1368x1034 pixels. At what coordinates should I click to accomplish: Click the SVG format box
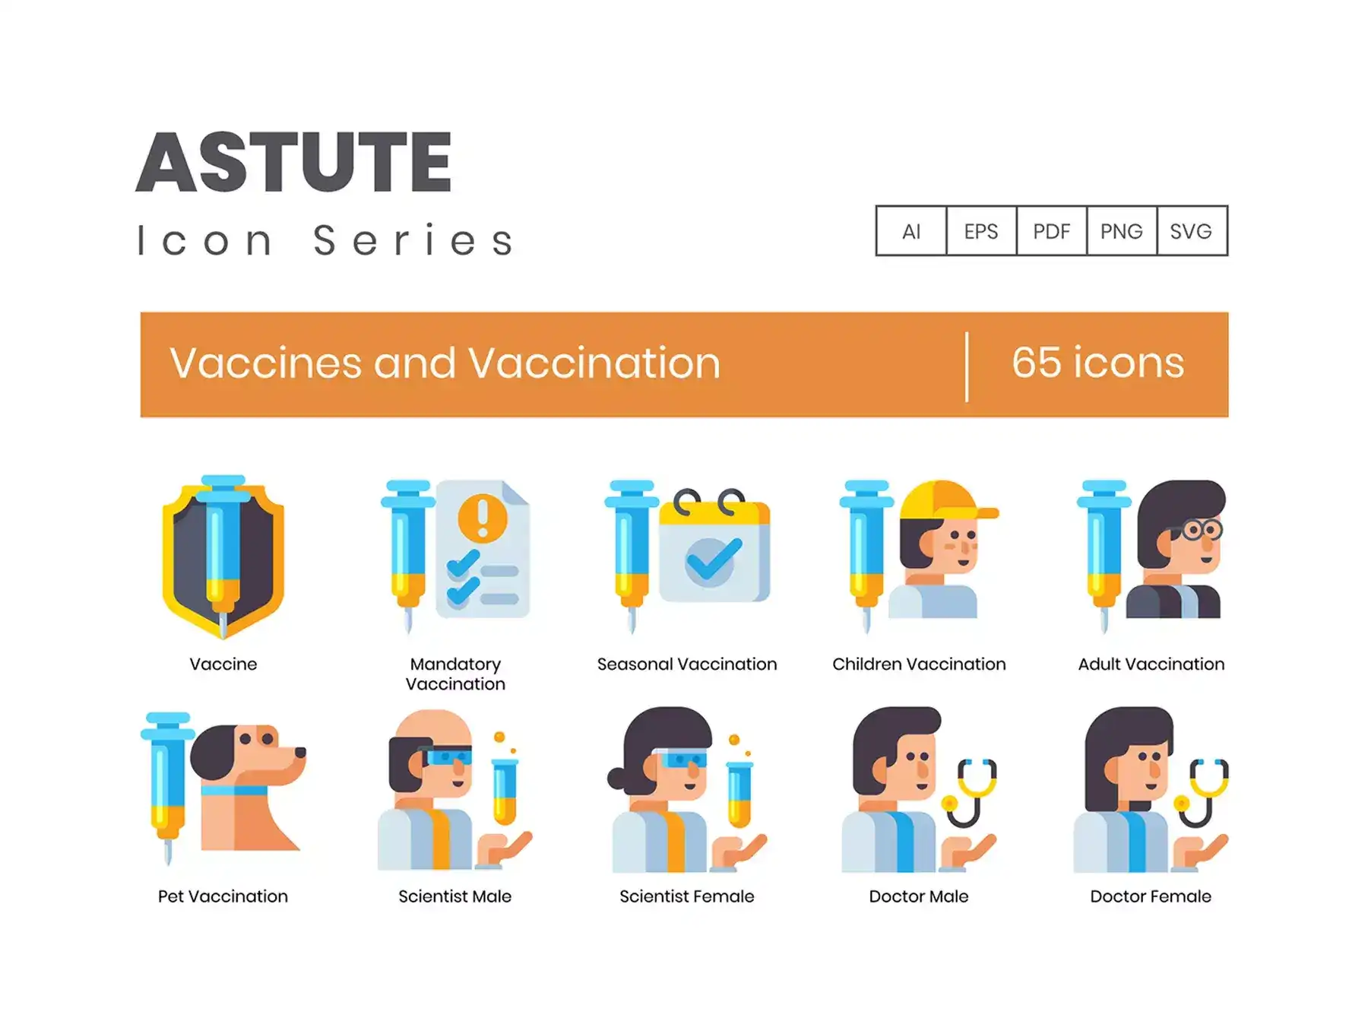pos(1192,231)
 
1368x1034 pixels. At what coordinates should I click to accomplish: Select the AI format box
pos(911,231)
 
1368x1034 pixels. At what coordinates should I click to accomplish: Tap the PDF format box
pos(1051,231)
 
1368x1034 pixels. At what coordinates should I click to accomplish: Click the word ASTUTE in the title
pos(294,162)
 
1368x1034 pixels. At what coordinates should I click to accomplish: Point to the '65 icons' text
pos(1097,363)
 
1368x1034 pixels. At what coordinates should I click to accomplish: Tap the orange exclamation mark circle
pos(483,518)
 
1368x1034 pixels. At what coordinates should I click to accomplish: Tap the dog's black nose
pos(300,752)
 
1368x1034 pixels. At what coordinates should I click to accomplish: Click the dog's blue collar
pos(234,790)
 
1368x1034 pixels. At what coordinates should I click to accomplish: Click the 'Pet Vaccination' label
pos(223,896)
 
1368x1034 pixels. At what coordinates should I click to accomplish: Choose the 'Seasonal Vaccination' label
pos(687,664)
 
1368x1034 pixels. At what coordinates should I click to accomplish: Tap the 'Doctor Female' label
pos(1151,896)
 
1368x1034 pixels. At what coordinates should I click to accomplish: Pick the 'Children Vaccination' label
pos(919,664)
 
